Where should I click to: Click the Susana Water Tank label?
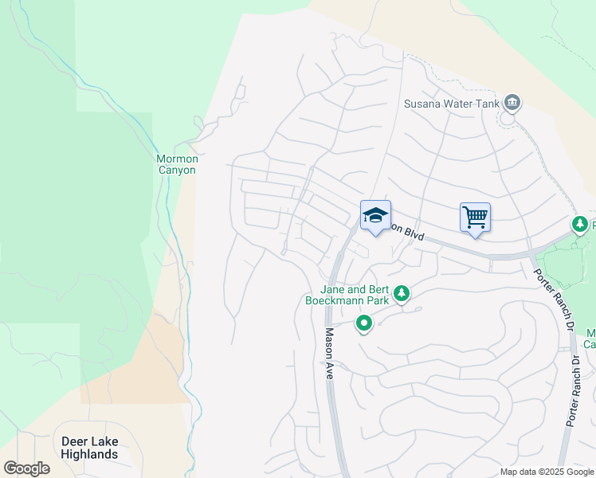451,104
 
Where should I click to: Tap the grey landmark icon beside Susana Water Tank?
512,102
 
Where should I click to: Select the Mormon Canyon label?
177,164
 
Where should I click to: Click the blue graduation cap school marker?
375,215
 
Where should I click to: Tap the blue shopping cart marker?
475,217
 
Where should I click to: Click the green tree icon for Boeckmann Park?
403,295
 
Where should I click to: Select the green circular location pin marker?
364,323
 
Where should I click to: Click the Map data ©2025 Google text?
546,472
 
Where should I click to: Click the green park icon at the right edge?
580,225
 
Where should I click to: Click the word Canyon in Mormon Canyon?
177,170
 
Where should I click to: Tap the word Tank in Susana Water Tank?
488,104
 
